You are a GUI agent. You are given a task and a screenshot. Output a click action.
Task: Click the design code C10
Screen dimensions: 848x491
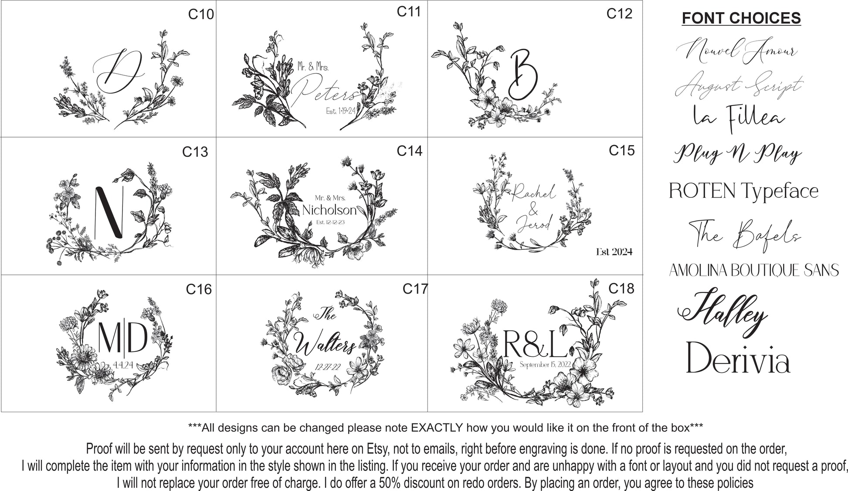tap(201, 14)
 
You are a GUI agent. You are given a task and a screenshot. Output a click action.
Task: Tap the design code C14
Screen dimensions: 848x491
tap(410, 151)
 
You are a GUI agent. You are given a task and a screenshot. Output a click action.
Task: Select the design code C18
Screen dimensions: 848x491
tap(621, 288)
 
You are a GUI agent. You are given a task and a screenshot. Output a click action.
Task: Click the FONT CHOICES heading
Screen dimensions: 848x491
tap(741, 18)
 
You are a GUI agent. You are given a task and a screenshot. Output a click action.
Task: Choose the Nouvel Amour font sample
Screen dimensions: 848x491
tap(736, 52)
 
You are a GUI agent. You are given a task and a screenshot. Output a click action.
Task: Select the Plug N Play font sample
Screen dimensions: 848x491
tap(738, 153)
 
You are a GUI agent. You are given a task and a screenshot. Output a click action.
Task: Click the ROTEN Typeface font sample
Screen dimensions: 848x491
tap(743, 191)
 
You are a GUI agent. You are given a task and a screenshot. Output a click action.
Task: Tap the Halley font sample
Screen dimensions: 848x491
tap(722, 311)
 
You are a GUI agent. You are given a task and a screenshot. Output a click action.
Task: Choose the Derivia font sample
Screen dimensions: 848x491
tap(738, 358)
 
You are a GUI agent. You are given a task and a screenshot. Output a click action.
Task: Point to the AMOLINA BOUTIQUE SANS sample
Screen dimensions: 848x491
tap(754, 270)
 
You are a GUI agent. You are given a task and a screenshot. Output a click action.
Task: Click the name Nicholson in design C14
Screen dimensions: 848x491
tap(329, 210)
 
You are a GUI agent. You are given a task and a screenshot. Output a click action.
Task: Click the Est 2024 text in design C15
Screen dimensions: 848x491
tap(614, 252)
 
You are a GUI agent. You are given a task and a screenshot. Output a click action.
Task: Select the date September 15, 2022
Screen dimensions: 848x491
tap(545, 364)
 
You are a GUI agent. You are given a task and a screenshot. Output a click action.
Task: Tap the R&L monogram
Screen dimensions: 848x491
tap(535, 343)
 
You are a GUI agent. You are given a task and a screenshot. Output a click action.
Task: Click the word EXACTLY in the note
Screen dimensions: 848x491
tap(437, 428)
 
